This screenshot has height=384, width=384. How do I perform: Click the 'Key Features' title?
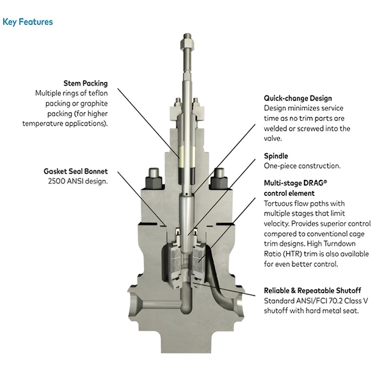tap(28, 22)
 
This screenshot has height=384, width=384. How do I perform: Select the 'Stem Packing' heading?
tap(85, 83)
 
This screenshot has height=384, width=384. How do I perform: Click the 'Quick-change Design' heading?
tap(298, 99)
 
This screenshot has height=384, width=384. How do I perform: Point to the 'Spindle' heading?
tap(276, 156)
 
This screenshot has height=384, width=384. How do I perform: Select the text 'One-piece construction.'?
tap(302, 166)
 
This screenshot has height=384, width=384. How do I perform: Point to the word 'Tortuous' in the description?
tap(280, 203)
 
